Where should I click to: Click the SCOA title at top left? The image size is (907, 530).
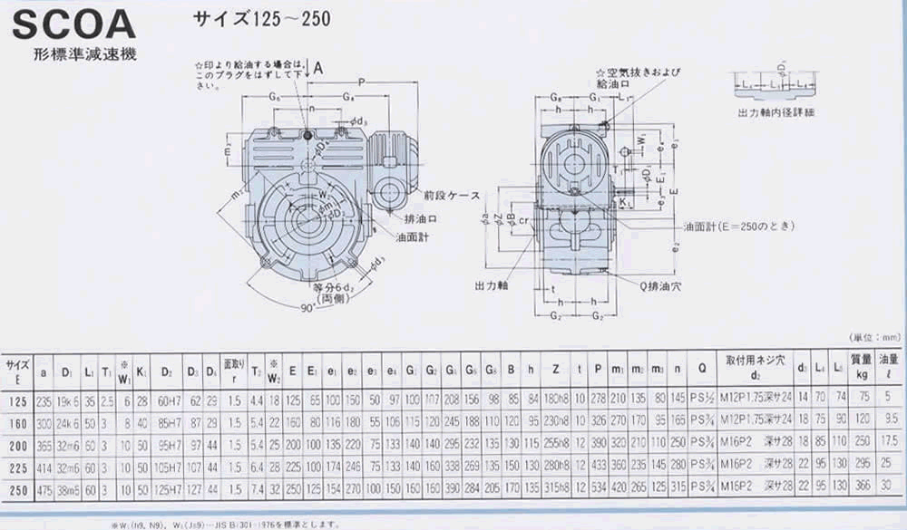[x=73, y=22]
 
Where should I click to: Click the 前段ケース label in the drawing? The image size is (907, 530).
[x=446, y=195]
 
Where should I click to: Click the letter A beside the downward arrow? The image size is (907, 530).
[x=319, y=66]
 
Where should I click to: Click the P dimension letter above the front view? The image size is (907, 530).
[x=362, y=81]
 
